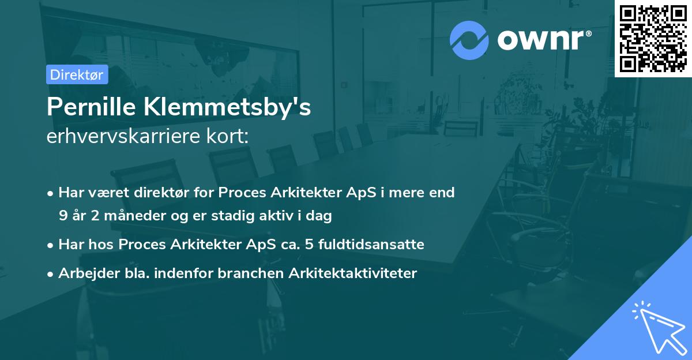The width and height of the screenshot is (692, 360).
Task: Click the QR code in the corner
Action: pyautogui.click(x=653, y=39)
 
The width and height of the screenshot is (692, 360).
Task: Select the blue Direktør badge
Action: pyautogui.click(x=77, y=74)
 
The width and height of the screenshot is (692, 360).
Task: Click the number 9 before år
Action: pyautogui.click(x=62, y=216)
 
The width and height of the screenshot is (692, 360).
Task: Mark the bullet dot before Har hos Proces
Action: pyautogui.click(x=51, y=245)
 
